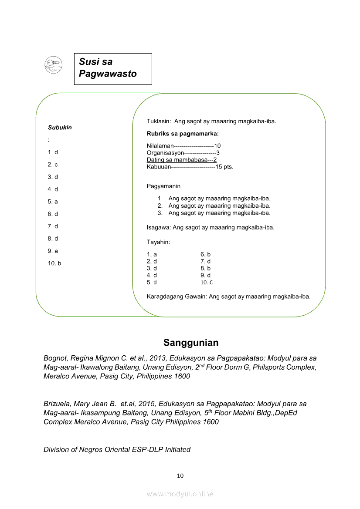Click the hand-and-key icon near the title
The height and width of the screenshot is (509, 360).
click(x=54, y=65)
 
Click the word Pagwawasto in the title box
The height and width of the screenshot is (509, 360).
click(x=108, y=74)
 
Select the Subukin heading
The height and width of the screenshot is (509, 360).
click(x=60, y=128)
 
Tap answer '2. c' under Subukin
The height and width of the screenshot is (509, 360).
click(x=53, y=165)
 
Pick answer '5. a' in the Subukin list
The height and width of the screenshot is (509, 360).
click(x=53, y=202)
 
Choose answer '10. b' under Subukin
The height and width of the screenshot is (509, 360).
click(x=54, y=263)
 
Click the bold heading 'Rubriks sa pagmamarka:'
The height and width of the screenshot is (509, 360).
click(x=183, y=134)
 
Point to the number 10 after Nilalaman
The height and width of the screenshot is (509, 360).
click(x=217, y=146)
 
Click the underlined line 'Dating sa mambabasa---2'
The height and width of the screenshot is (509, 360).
click(x=182, y=160)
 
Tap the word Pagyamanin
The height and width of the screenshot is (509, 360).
click(x=163, y=186)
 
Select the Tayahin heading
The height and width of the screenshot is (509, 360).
click(x=158, y=242)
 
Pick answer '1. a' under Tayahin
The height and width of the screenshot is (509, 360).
click(x=152, y=254)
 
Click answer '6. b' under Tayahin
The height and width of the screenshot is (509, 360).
click(x=205, y=254)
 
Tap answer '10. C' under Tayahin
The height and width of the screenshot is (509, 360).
click(x=207, y=283)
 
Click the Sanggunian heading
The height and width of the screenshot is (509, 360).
click(x=191, y=343)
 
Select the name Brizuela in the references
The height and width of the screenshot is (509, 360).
click(x=58, y=404)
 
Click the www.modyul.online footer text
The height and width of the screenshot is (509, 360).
click(x=180, y=494)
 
